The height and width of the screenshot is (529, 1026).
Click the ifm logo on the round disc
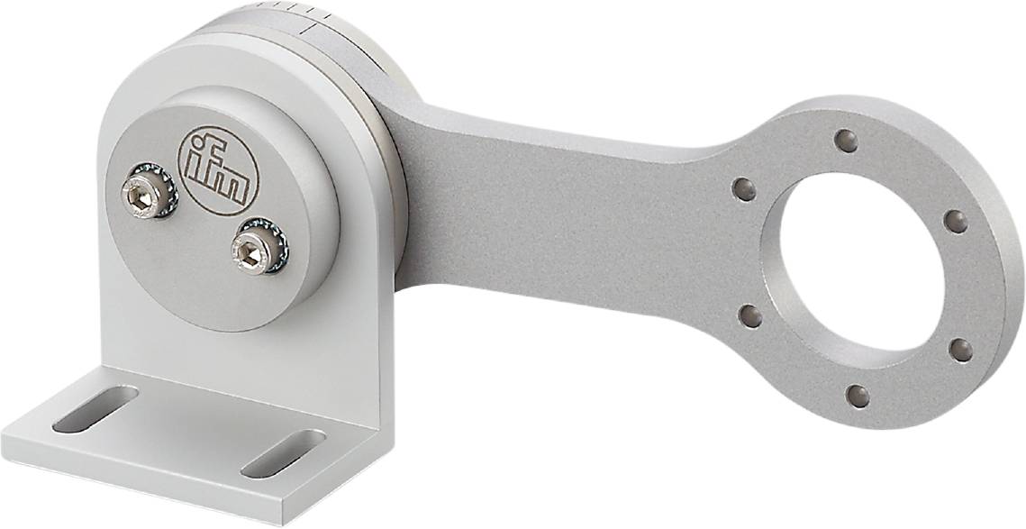coord(218,170)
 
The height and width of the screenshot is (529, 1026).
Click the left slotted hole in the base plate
coord(95,408)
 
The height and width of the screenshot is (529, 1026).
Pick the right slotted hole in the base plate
coord(283,452)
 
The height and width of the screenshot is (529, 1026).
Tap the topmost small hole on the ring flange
coord(846,140)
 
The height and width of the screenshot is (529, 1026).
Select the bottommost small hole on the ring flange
coord(858,396)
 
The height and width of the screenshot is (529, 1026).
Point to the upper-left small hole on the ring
coord(744,189)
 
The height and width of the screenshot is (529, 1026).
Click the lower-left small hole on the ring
coord(749,315)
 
